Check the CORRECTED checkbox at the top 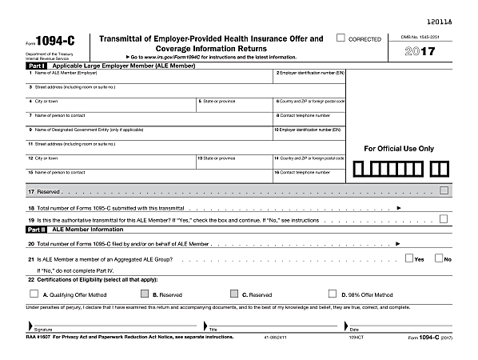pos(341,38)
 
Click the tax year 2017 pos(421,52)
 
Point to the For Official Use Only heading pos(399,149)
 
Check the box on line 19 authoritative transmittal pos(443,218)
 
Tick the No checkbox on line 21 pos(438,258)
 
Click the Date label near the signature pos(354,329)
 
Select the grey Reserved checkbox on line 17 pos(443,190)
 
